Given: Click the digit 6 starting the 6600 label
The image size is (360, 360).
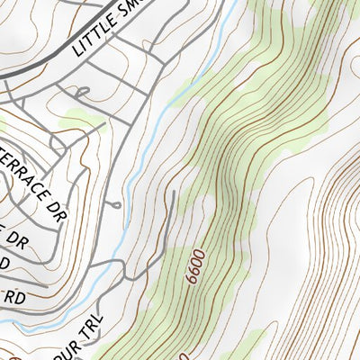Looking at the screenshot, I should coord(193,281).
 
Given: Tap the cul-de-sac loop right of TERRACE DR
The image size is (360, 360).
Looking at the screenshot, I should coord(116,205).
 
